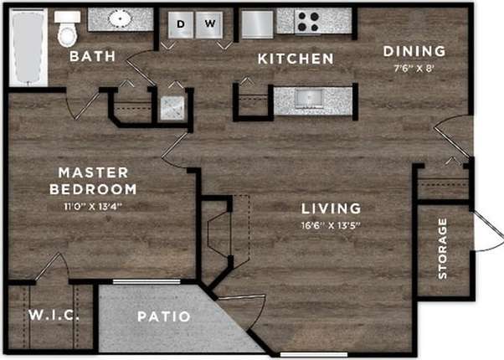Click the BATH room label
pyautogui.click(x=92, y=57)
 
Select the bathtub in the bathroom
pyautogui.click(x=28, y=48)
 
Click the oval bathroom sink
pyautogui.click(x=120, y=19)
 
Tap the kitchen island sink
pyautogui.click(x=314, y=99)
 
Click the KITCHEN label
pyautogui.click(x=295, y=59)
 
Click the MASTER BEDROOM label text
pyautogui.click(x=97, y=181)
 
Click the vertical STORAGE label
pyautogui.click(x=442, y=248)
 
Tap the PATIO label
pyautogui.click(x=164, y=317)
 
